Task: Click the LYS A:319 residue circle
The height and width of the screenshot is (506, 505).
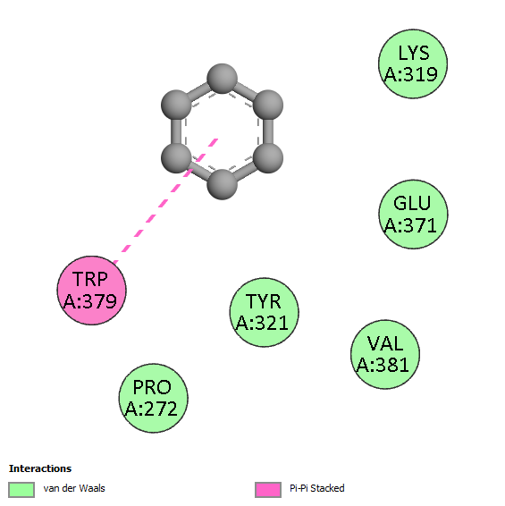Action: (x=413, y=63)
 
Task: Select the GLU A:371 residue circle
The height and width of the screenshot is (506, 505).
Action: (x=413, y=215)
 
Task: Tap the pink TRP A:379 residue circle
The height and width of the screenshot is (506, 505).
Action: (x=92, y=291)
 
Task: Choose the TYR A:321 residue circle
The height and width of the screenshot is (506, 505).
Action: (x=265, y=312)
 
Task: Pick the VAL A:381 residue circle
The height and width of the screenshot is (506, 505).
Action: (x=385, y=354)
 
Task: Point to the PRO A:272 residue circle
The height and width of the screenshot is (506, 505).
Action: (x=153, y=398)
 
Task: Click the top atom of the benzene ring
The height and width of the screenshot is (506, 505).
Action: (x=222, y=79)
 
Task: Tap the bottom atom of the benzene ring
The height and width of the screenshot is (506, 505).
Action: (x=222, y=184)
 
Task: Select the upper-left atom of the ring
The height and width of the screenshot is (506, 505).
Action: (x=176, y=105)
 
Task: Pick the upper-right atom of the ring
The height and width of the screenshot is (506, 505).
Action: (x=268, y=105)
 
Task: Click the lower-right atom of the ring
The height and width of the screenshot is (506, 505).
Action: (x=268, y=158)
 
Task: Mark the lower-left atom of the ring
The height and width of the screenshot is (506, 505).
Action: (x=176, y=158)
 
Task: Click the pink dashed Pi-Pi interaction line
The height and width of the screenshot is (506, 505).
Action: (x=165, y=201)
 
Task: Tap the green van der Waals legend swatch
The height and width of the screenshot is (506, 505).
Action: (x=21, y=490)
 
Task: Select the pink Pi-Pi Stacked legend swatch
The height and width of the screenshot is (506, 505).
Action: (x=268, y=490)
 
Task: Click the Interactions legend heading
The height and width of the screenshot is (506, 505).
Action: (x=40, y=468)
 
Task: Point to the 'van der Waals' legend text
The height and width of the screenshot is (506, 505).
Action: (x=74, y=488)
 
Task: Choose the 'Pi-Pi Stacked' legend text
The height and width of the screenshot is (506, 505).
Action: (x=317, y=488)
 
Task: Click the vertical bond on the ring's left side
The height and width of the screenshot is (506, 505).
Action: (x=176, y=131)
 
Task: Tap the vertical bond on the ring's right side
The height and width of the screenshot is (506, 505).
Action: (x=268, y=131)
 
